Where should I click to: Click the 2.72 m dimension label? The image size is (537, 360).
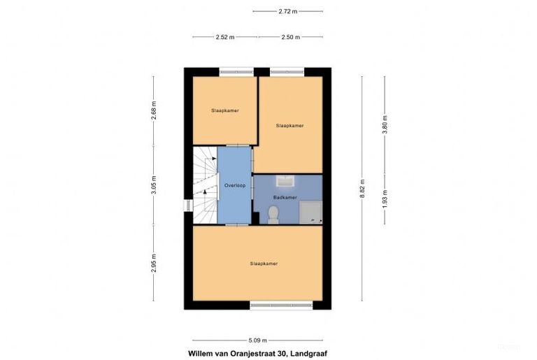[287, 11]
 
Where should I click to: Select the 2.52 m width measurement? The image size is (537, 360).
[225, 37]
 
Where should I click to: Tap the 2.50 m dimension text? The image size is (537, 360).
[291, 37]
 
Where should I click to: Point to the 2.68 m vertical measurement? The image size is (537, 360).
[154, 110]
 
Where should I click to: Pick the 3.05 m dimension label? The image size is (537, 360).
[154, 185]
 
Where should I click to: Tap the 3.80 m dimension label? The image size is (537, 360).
[385, 124]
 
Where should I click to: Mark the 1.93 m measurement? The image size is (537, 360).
[385, 197]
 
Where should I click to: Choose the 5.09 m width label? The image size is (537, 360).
[257, 340]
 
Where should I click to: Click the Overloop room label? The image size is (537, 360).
[234, 185]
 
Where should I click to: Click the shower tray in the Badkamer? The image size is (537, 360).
[310, 211]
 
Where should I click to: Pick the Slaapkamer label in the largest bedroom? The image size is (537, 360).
[264, 264]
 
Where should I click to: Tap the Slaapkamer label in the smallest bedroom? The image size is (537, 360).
[225, 110]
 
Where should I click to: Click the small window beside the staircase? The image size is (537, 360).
[187, 206]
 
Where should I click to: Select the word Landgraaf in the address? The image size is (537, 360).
[308, 354]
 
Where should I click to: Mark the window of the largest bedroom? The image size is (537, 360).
[281, 305]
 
